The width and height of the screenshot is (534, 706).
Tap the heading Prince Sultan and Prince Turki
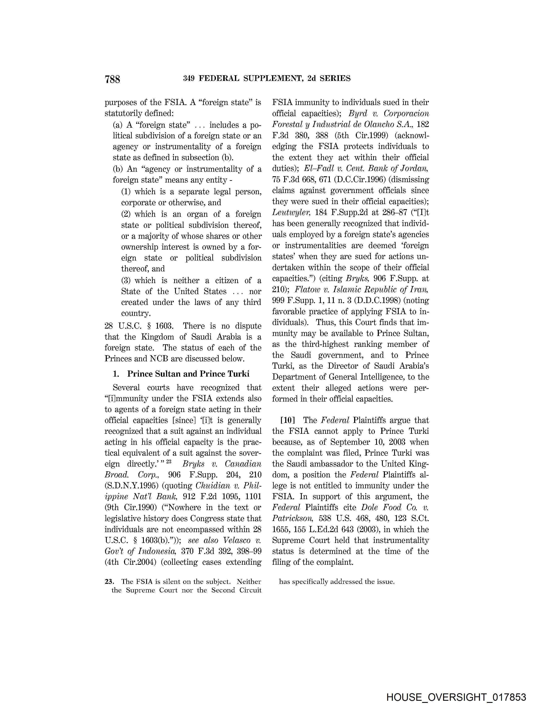(x=188, y=374)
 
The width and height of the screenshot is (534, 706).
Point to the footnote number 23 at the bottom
(x=108, y=582)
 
